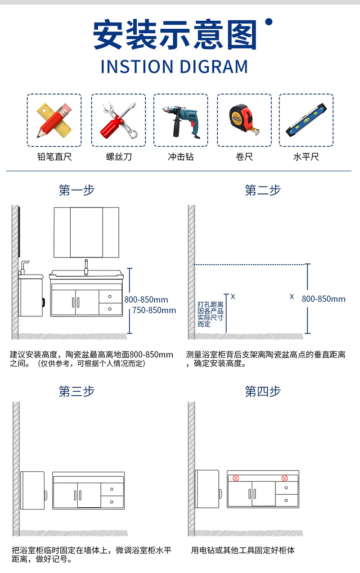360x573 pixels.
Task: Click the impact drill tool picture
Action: pyautogui.click(x=180, y=122)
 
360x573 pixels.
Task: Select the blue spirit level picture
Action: pyautogui.click(x=306, y=120)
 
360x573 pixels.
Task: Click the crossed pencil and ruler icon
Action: pyautogui.click(x=54, y=120)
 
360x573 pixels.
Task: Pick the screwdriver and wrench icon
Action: pyautogui.click(x=119, y=120)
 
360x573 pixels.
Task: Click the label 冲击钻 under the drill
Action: pyautogui.click(x=180, y=157)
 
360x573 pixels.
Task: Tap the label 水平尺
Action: pyautogui.click(x=306, y=157)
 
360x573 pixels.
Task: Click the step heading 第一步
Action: pyautogui.click(x=76, y=190)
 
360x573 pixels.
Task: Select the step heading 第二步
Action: pyautogui.click(x=263, y=190)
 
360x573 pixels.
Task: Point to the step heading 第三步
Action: pyautogui.click(x=76, y=391)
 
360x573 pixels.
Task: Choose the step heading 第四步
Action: pyautogui.click(x=263, y=391)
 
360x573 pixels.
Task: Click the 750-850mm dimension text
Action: pyautogui.click(x=154, y=310)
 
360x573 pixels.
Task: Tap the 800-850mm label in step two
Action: pyautogui.click(x=324, y=299)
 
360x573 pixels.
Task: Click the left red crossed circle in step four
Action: pyautogui.click(x=236, y=478)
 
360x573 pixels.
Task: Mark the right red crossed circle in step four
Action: pyautogui.click(x=284, y=478)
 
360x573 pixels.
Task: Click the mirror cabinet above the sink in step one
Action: pyautogui.click(x=86, y=232)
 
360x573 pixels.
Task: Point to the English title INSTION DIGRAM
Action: pyautogui.click(x=175, y=67)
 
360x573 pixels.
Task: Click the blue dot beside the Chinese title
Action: pyautogui.click(x=269, y=22)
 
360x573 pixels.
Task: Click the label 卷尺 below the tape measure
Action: pyautogui.click(x=244, y=157)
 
